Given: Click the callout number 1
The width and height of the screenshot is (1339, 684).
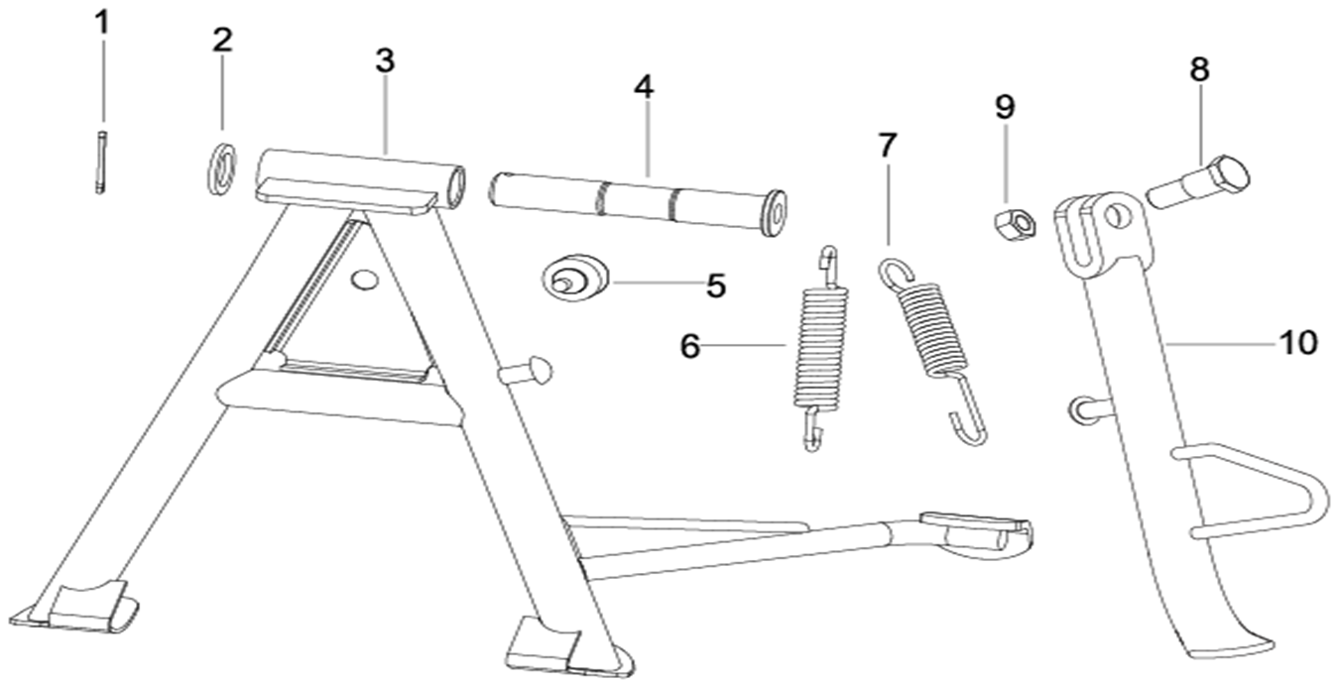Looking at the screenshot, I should pos(102,23).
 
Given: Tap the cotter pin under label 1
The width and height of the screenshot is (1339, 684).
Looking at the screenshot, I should pos(101,161).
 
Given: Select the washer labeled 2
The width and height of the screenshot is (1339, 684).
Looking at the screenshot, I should pos(221,168).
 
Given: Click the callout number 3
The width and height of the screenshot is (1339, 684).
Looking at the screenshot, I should pos(385,59).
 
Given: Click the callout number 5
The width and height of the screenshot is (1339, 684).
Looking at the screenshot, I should pos(716,286).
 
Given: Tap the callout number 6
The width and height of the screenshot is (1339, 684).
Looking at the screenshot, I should pos(690,346).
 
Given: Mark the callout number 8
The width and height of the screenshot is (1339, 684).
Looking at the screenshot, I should pos(1199,69).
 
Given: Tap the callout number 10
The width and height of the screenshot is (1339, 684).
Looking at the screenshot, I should pos(1297,343).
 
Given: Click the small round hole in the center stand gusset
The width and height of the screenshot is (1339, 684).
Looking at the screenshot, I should pos(365,281).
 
